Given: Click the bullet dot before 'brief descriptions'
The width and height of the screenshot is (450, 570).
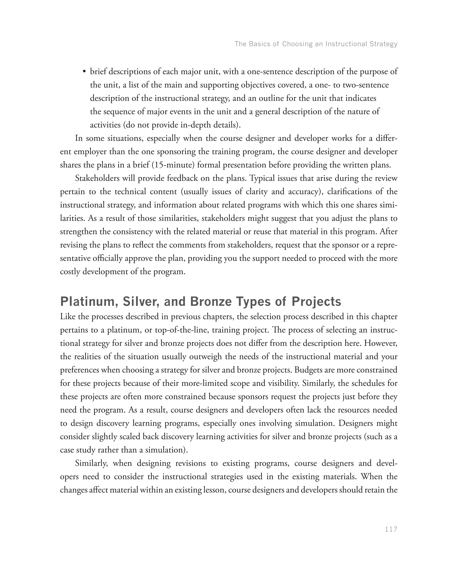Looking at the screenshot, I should point(84,72).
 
